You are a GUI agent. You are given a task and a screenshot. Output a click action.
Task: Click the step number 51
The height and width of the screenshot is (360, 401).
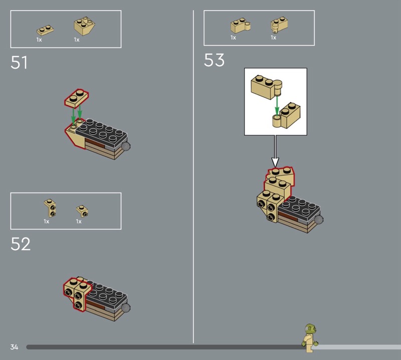(x=19, y=63)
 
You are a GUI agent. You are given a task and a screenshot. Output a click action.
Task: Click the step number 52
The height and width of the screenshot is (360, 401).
(x=21, y=244)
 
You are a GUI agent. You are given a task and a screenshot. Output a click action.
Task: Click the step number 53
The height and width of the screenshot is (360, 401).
(x=214, y=60)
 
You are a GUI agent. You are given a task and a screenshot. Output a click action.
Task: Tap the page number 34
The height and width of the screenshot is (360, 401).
(x=15, y=347)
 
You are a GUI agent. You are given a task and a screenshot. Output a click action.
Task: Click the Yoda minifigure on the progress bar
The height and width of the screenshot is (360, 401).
(x=310, y=338)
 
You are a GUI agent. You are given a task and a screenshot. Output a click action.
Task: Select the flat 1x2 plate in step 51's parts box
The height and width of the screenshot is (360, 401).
(x=45, y=31)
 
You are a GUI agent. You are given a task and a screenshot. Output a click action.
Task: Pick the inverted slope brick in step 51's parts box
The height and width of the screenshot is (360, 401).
(x=85, y=26)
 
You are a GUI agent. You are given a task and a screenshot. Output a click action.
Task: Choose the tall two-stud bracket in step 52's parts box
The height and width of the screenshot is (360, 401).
(x=50, y=208)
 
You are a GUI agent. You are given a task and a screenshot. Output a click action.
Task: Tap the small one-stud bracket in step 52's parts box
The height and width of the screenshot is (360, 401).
(x=82, y=211)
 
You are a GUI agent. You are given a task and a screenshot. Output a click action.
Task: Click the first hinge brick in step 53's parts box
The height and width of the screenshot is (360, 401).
(x=241, y=26)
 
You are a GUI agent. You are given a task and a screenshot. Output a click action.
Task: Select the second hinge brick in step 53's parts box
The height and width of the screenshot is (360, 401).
(x=279, y=25)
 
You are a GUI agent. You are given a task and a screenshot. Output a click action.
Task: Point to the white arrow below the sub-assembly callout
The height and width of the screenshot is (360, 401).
(x=275, y=151)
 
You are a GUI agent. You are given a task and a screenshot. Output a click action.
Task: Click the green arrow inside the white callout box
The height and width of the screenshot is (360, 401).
(x=277, y=105)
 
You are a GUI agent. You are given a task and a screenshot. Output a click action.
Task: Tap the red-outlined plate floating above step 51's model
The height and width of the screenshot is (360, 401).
(x=77, y=98)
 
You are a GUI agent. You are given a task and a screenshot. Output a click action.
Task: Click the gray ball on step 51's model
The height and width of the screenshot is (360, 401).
(x=126, y=146)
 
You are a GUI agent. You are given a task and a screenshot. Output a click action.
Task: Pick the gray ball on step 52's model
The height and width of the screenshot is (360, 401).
(x=126, y=308)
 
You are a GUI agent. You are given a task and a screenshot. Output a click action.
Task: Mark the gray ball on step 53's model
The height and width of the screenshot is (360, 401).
(x=319, y=220)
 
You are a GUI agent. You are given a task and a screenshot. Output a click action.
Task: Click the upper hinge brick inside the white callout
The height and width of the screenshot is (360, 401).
(x=266, y=87)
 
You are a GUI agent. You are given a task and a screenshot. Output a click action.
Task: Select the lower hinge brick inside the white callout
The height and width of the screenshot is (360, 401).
(x=287, y=116)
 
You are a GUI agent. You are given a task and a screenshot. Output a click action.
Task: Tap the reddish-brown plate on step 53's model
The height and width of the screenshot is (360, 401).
(x=288, y=217)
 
